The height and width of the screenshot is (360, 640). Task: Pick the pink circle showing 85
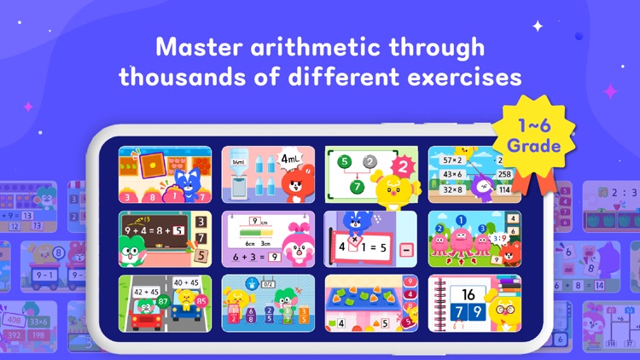tap(201, 302)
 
